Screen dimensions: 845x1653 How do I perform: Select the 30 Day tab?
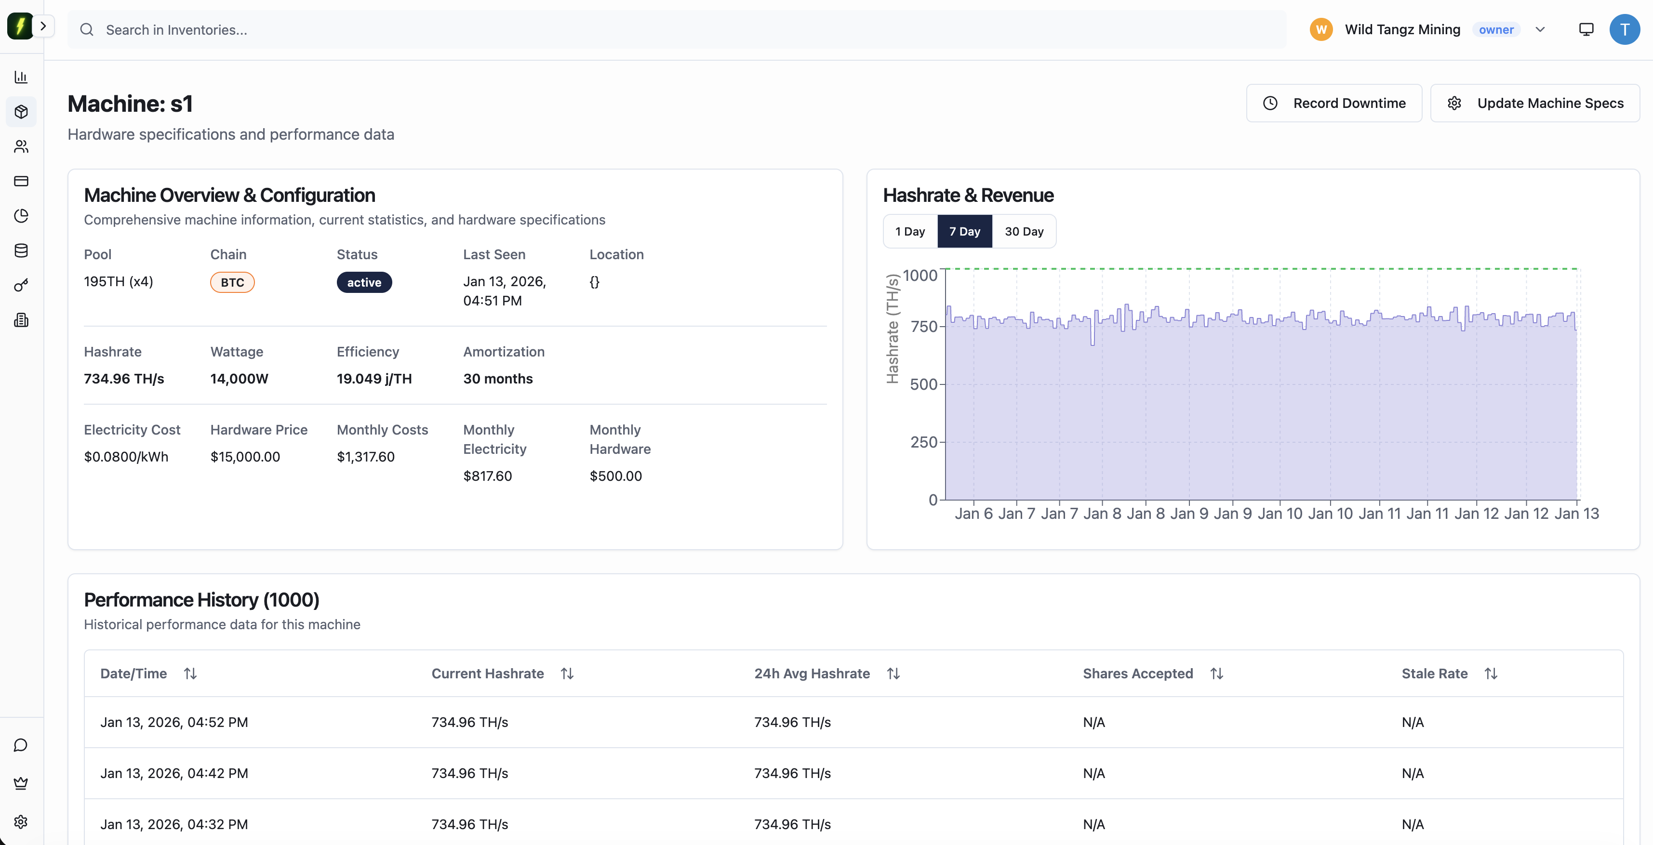(x=1024, y=232)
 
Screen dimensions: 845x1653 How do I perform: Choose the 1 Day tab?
(x=909, y=232)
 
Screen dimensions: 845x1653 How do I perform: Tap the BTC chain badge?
(x=232, y=282)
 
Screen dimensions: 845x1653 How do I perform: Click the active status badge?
(x=364, y=282)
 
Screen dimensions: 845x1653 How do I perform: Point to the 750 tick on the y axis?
(x=923, y=327)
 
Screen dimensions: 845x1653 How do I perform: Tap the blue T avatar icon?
(x=1624, y=29)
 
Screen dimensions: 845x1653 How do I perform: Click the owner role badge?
(x=1496, y=29)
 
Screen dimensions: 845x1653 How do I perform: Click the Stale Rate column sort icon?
(x=1491, y=673)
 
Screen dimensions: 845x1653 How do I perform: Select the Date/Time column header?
(x=133, y=673)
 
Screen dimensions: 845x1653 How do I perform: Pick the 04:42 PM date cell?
(x=174, y=773)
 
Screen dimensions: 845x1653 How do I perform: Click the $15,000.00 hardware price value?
(x=245, y=457)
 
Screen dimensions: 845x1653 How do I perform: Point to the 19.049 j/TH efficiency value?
(x=374, y=379)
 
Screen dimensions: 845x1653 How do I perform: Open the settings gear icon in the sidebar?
(x=21, y=822)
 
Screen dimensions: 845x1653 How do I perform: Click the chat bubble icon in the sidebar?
(x=21, y=745)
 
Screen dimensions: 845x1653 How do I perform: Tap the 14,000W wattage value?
(x=239, y=379)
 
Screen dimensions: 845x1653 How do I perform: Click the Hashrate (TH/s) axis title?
(x=892, y=329)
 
